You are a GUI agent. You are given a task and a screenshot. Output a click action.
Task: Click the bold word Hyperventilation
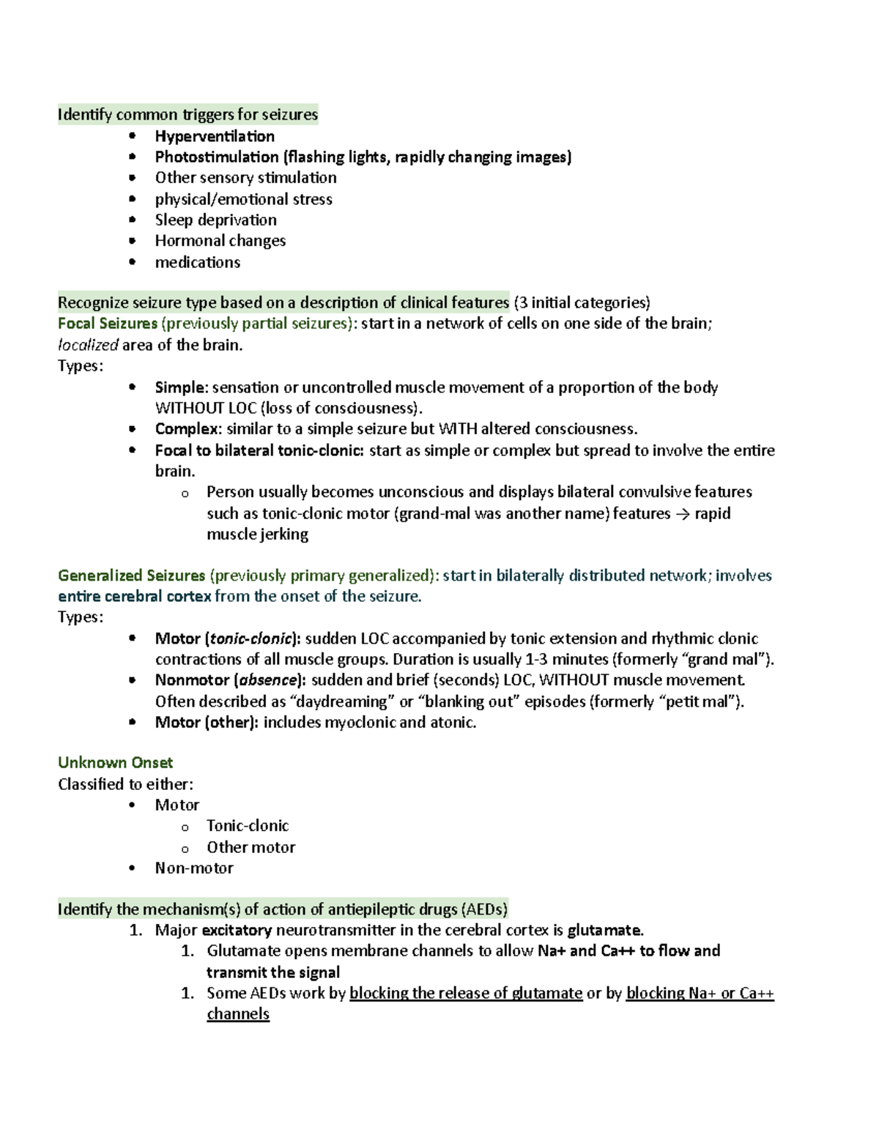[215, 136]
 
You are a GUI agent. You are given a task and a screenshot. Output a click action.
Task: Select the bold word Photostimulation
[217, 157]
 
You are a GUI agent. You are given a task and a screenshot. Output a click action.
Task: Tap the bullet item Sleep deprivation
[215, 220]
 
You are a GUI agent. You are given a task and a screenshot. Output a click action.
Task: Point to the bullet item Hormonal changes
[220, 241]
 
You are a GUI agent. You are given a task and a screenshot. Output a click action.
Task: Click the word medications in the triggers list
[197, 262]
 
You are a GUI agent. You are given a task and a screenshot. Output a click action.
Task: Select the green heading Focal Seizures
[108, 324]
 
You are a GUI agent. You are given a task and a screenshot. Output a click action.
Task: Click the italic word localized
[88, 345]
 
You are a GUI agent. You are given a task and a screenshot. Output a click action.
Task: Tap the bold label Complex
[187, 429]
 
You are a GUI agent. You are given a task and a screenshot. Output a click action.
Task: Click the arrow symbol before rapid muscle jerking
[682, 514]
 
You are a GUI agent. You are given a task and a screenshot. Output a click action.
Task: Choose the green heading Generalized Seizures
[131, 575]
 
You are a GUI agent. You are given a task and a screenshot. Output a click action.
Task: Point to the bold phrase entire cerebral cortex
[134, 596]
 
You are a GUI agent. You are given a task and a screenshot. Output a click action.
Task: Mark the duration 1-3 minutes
[567, 659]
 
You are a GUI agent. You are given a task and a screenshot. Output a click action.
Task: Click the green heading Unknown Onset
[115, 763]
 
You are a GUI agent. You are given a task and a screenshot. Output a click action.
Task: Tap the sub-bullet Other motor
[251, 847]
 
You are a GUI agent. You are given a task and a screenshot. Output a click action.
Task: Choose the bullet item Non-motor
[194, 868]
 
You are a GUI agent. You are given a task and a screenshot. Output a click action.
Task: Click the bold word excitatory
[237, 931]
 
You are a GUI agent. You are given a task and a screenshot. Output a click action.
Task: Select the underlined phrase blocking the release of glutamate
[466, 994]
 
